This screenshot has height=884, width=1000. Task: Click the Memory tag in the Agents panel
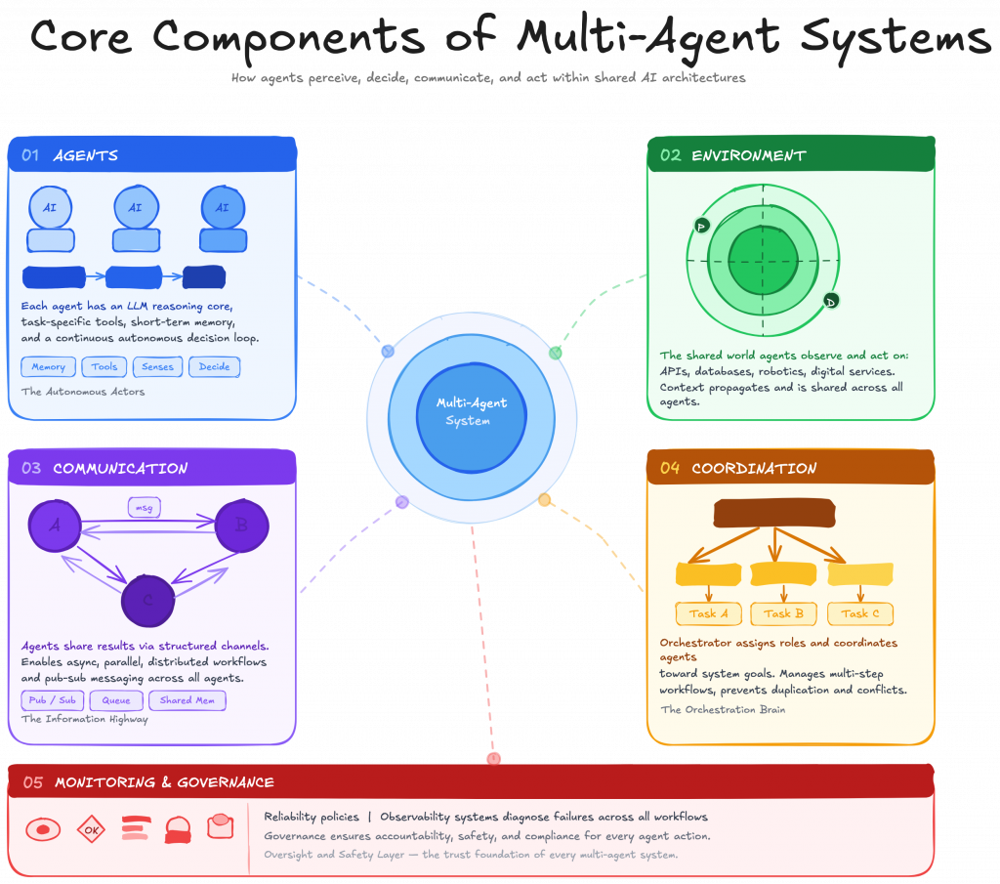click(48, 367)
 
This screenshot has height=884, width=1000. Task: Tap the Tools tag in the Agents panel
click(104, 367)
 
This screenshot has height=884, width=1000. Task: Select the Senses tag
click(157, 367)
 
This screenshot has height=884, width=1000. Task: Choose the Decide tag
click(215, 367)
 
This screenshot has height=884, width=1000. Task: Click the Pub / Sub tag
click(52, 700)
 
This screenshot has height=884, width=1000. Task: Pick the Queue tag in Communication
click(116, 700)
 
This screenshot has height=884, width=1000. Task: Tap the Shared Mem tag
click(187, 700)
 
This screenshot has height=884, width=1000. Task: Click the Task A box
click(709, 613)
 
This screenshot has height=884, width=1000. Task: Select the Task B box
click(784, 613)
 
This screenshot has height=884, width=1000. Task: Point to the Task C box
click(860, 613)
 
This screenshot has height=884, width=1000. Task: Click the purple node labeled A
click(55, 526)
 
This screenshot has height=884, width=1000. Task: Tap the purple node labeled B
click(241, 526)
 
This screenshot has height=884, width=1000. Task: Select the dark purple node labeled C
click(147, 600)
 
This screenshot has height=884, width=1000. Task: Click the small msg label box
click(145, 508)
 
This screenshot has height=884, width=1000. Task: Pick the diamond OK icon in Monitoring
click(91, 830)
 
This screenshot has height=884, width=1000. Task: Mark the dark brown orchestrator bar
click(774, 513)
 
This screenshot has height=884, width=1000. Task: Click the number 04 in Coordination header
click(670, 468)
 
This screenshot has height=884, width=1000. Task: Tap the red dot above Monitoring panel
click(494, 758)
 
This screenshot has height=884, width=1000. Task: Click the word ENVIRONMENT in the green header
click(748, 155)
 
